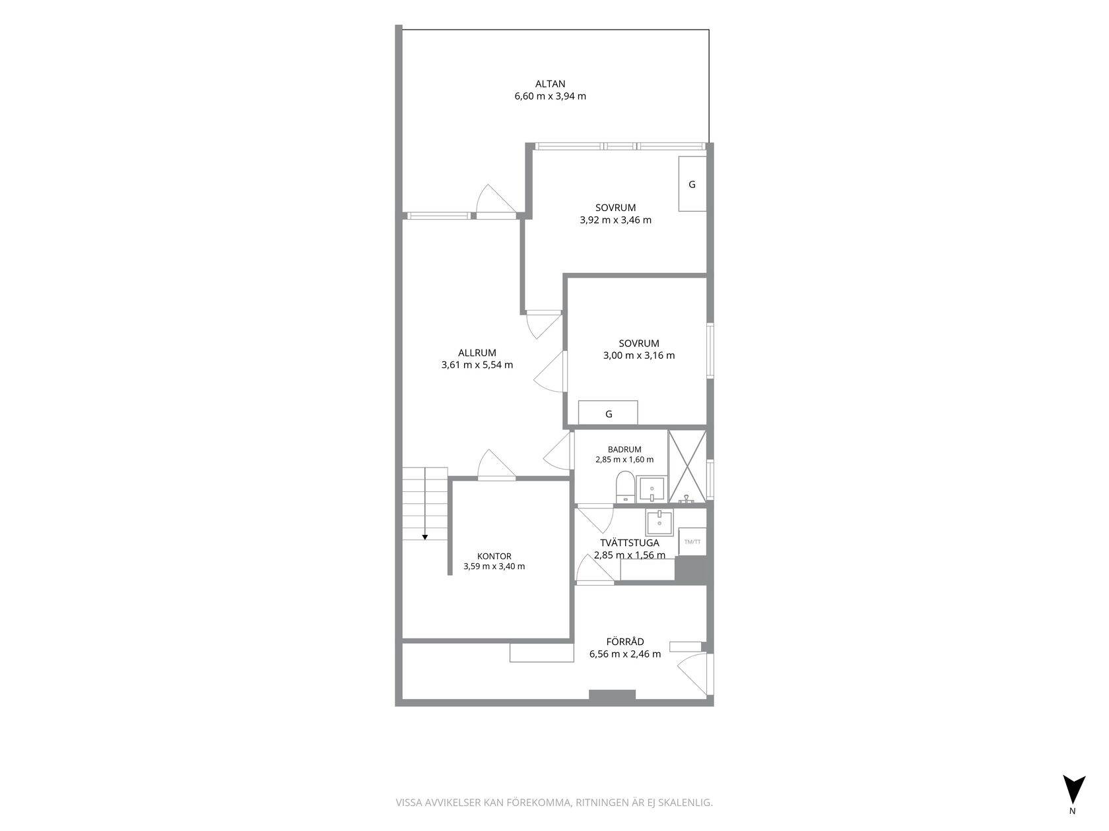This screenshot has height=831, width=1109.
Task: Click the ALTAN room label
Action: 550,84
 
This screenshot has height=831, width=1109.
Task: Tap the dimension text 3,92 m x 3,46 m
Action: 615,220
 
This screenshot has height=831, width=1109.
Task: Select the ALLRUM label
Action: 477,353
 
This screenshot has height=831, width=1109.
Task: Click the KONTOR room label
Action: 494,557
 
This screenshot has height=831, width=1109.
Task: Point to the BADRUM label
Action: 624,449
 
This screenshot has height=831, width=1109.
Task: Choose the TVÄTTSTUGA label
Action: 630,543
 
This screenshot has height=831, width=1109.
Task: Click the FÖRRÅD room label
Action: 625,642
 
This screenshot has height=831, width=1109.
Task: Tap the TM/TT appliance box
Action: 692,542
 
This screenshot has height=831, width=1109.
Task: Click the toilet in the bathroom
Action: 624,487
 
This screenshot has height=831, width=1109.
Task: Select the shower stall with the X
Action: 687,466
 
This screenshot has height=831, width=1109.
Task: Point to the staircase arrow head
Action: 425,538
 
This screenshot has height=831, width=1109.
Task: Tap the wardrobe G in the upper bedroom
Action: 692,184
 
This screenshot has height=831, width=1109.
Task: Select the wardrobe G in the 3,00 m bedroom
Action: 608,413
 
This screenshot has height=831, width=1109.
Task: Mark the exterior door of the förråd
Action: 695,674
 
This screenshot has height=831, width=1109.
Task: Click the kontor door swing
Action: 496,464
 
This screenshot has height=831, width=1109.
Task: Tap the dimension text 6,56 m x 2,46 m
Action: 625,654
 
